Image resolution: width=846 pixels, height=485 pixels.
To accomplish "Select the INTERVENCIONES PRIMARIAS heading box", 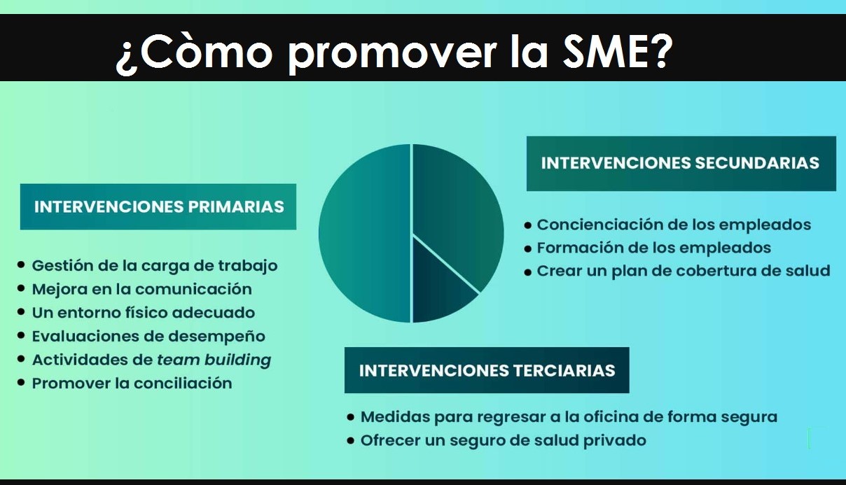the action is click(x=158, y=207).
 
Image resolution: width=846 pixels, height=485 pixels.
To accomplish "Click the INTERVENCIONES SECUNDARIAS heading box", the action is click(x=681, y=164).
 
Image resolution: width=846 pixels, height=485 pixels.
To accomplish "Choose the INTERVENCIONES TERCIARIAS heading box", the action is click(x=487, y=370).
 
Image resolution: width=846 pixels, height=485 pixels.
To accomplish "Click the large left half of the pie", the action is click(x=365, y=233).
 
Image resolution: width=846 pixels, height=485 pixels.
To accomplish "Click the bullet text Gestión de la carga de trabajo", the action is click(x=155, y=266).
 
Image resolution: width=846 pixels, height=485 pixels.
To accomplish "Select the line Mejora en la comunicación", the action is click(x=142, y=290).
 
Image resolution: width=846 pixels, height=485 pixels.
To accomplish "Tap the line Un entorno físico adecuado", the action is click(x=144, y=313).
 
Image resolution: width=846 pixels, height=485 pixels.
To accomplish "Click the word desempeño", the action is click(x=216, y=337).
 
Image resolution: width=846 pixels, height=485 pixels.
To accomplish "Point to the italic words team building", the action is click(x=214, y=360).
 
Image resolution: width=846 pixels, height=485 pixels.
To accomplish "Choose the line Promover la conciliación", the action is click(x=132, y=384).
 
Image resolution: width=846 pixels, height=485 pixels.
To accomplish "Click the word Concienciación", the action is click(x=599, y=225).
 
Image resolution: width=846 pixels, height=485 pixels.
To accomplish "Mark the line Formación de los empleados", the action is click(x=654, y=248).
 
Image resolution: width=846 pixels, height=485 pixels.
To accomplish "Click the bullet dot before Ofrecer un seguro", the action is click(x=351, y=440).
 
